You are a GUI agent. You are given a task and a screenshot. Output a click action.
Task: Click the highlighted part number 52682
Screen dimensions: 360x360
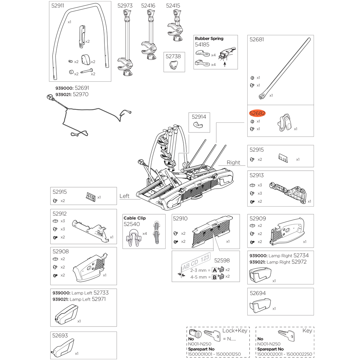(x=257, y=113)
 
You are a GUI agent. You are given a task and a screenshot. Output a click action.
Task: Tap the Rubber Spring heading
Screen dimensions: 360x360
(x=209, y=39)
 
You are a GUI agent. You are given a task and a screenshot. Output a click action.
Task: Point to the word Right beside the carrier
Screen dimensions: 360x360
(x=233, y=163)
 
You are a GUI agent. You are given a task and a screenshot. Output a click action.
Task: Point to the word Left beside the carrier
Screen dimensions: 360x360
(x=124, y=196)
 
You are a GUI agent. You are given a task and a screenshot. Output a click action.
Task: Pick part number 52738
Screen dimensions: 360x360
(x=173, y=56)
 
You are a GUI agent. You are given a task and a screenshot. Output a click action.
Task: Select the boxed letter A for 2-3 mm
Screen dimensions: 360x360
(x=215, y=270)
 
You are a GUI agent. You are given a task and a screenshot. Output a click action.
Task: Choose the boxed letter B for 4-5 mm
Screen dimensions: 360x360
(x=215, y=277)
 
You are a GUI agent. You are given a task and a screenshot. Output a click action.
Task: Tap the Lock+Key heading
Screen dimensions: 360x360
(x=235, y=330)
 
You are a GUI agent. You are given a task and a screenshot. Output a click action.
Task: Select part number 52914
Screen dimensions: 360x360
(x=199, y=117)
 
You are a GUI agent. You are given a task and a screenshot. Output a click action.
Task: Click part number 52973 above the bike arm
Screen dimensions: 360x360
(x=125, y=6)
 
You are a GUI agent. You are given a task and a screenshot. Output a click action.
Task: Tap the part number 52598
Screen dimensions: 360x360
(x=222, y=261)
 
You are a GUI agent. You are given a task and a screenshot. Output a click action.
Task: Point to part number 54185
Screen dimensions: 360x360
(x=202, y=45)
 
